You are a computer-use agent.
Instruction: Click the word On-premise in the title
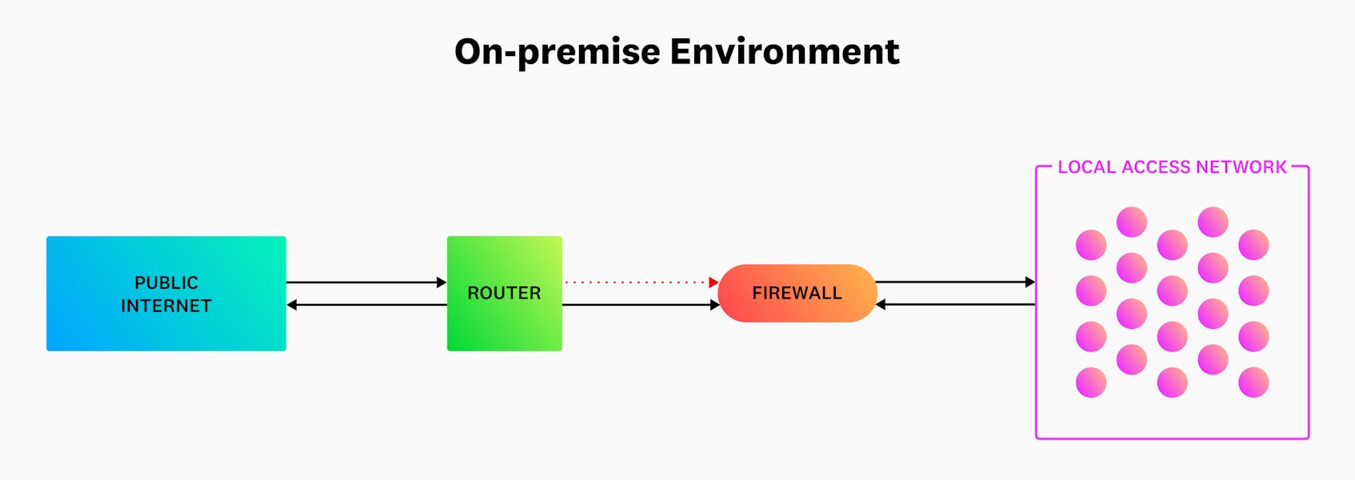557,52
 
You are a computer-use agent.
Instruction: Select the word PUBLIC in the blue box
166,282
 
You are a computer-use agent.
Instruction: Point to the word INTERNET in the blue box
166,306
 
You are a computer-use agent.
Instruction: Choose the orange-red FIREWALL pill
797,293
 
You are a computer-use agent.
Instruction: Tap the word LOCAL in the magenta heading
1086,167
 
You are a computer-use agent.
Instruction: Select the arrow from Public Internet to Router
364,282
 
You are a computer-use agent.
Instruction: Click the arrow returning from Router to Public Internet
368,305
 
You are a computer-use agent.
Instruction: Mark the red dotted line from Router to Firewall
636,282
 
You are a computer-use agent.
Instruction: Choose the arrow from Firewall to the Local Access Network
952,282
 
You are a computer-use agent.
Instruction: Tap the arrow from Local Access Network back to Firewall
957,304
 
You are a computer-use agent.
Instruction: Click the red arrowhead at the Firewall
713,282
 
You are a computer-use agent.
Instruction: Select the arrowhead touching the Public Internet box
292,305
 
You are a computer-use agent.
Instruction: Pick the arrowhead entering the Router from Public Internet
442,282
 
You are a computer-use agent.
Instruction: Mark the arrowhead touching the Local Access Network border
1030,282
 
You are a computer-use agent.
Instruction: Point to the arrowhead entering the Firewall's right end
881,304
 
